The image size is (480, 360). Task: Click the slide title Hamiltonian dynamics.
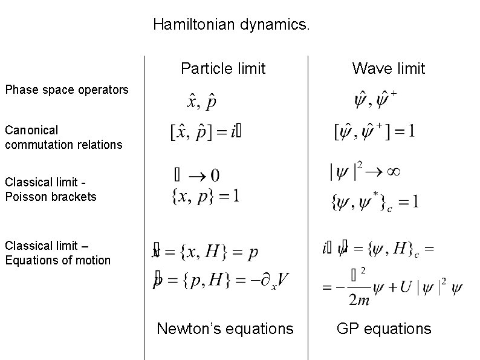232,25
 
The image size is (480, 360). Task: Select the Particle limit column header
223,68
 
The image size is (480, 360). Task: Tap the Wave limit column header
389,68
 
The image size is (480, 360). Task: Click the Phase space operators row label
66,90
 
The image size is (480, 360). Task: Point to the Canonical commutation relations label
63,137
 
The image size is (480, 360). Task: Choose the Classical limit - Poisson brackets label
50,189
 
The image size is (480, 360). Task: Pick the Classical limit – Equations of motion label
57,253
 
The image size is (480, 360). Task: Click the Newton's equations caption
225,329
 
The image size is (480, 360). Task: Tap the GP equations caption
384,329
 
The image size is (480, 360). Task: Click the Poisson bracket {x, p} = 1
206,195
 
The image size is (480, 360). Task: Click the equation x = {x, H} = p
206,252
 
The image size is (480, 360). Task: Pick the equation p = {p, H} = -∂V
221,280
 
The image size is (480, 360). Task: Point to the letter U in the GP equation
404,287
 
